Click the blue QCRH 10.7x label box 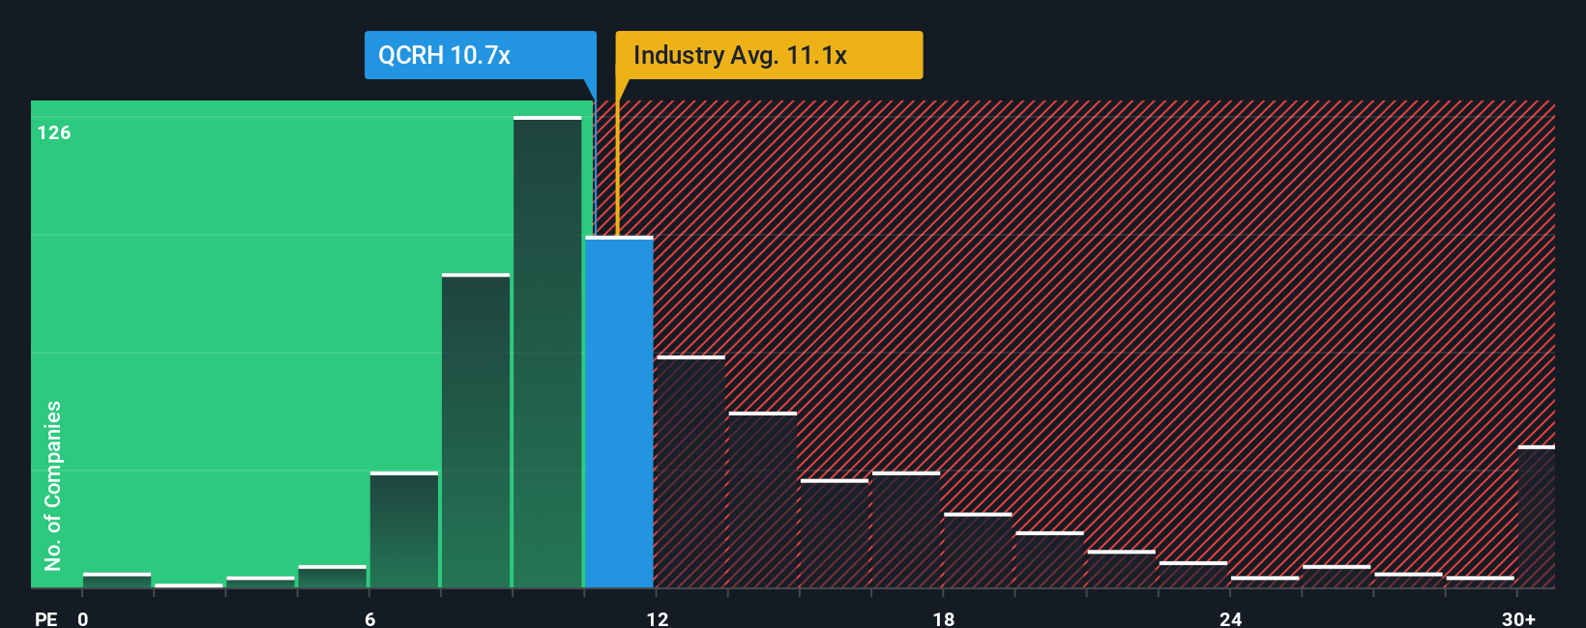480,55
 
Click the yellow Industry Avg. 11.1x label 769,55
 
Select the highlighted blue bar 619,413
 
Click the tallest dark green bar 547,353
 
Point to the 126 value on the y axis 54,133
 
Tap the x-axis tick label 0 83,618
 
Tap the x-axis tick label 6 369,618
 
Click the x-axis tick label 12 658,618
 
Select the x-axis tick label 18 944,618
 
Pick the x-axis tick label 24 1230,618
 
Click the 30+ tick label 1518,618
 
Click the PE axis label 45,618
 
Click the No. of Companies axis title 53,485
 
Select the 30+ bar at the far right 1537,518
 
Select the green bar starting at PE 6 404,530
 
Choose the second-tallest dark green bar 476,432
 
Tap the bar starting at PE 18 978,551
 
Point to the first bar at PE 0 117,581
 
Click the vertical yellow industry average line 617,164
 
